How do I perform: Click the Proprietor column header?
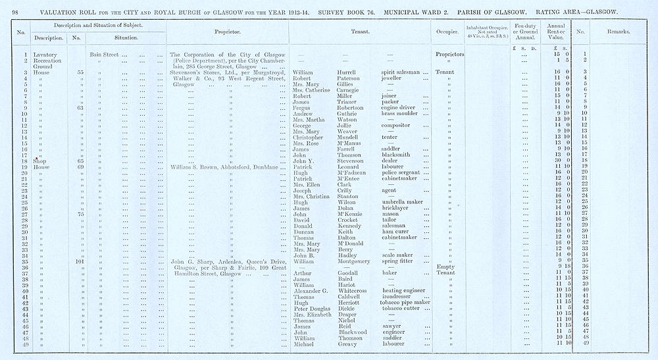(227, 31)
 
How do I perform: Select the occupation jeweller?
(395, 78)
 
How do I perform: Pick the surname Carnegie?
(350, 90)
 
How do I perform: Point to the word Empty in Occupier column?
(446, 267)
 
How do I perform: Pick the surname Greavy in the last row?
(348, 344)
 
